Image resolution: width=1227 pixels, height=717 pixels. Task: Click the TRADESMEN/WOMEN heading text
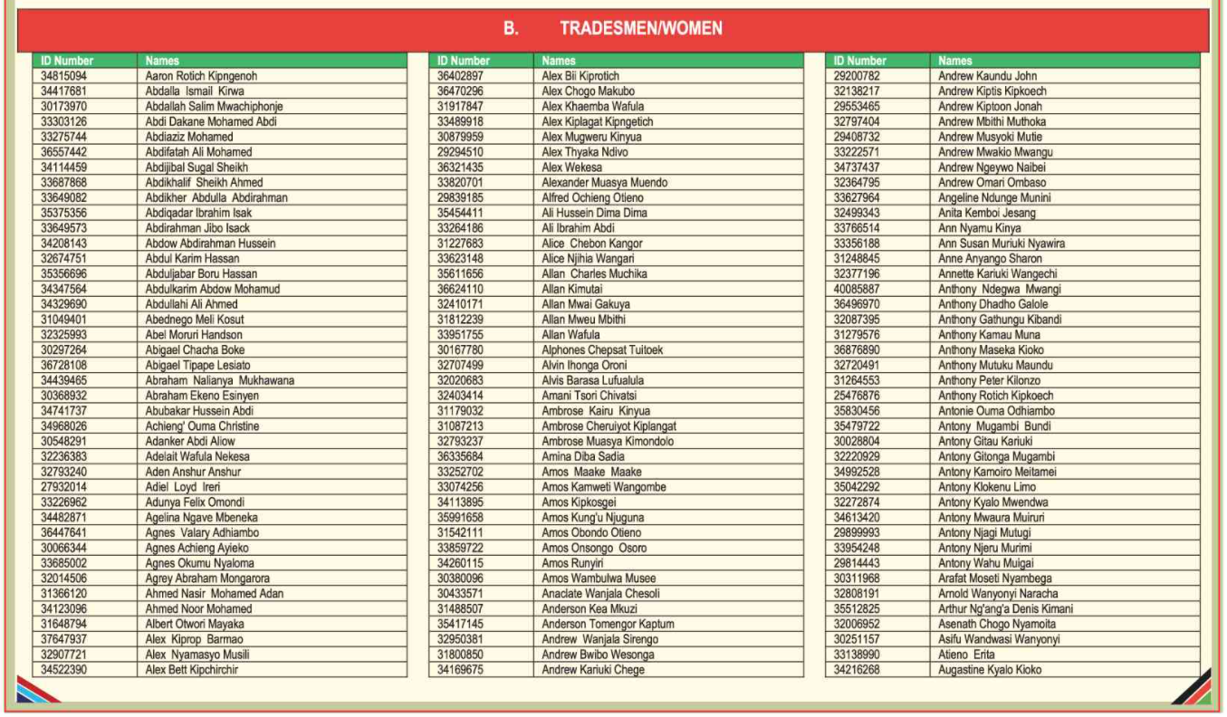coord(641,29)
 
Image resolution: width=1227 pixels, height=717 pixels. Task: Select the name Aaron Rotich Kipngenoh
coord(201,76)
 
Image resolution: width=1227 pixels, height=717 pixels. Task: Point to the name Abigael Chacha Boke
coord(195,350)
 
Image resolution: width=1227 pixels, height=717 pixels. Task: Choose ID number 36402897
coord(460,76)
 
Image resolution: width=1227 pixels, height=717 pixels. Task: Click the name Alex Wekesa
coord(571,167)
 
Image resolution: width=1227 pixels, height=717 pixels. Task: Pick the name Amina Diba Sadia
coord(582,456)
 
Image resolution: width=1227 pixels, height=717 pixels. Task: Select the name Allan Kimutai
coord(572,289)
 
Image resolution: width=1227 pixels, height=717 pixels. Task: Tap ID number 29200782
coord(857,76)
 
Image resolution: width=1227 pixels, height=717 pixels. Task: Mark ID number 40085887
coord(857,289)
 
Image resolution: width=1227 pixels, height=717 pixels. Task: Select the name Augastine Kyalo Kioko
coord(990,670)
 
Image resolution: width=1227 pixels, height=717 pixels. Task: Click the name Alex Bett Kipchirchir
coord(192,670)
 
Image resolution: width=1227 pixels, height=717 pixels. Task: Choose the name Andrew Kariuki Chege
coord(593,670)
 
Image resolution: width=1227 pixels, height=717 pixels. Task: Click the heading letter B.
coord(512,29)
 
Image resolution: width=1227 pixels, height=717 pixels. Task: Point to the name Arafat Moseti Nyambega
coord(995,578)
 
